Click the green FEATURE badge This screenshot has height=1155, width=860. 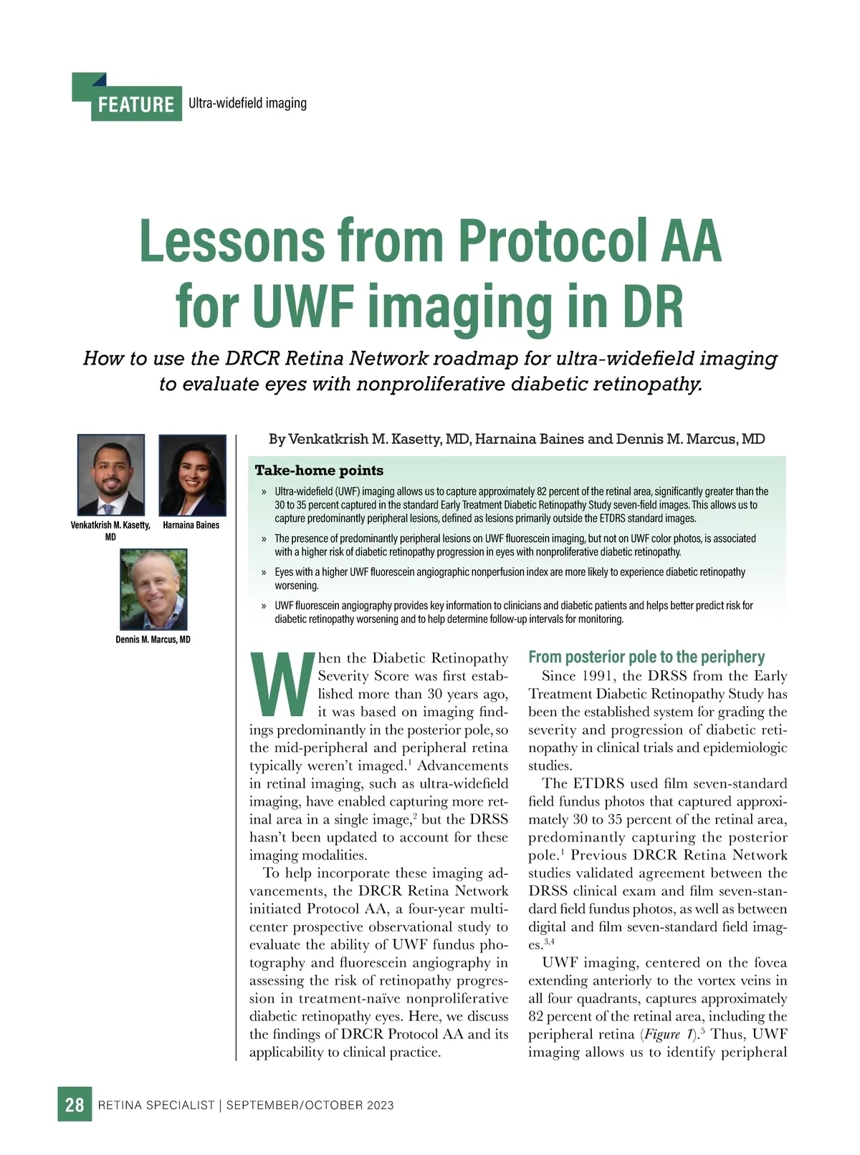point(136,105)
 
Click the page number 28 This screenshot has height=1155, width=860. point(75,1104)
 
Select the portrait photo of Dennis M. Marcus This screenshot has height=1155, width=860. point(153,589)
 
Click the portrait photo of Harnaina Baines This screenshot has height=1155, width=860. point(192,475)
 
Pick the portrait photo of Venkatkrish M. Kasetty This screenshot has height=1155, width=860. point(111,475)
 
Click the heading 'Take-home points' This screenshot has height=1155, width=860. point(319,470)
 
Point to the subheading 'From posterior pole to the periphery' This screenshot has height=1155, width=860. point(646,657)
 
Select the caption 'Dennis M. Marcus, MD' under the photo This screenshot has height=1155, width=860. point(153,639)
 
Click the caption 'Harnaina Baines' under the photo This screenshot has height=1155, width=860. point(191,525)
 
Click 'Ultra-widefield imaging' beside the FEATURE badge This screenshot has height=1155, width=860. point(247,103)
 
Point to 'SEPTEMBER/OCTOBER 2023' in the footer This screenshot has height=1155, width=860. point(310,1105)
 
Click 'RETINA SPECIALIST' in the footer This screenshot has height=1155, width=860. point(156,1105)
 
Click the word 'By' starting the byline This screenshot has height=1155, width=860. point(277,439)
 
